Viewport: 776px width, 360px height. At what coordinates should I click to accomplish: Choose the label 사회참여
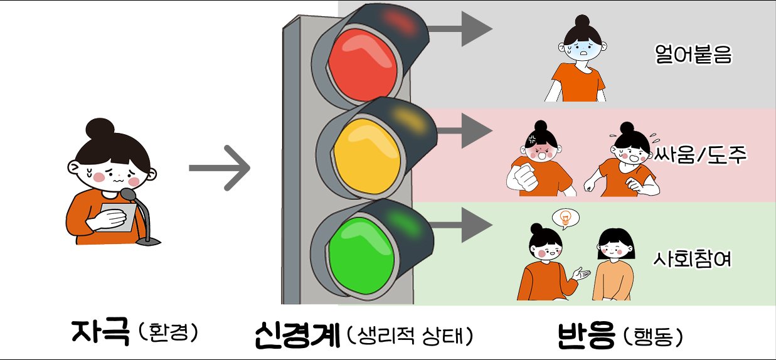point(693,259)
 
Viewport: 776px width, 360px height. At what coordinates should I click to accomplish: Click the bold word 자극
point(100,332)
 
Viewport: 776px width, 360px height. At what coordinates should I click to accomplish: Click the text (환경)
point(168,332)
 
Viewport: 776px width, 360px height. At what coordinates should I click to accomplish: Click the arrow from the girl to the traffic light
point(220,168)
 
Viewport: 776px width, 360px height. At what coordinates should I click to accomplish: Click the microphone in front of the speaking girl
point(129,196)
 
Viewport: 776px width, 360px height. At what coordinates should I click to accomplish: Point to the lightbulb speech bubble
point(565,218)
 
